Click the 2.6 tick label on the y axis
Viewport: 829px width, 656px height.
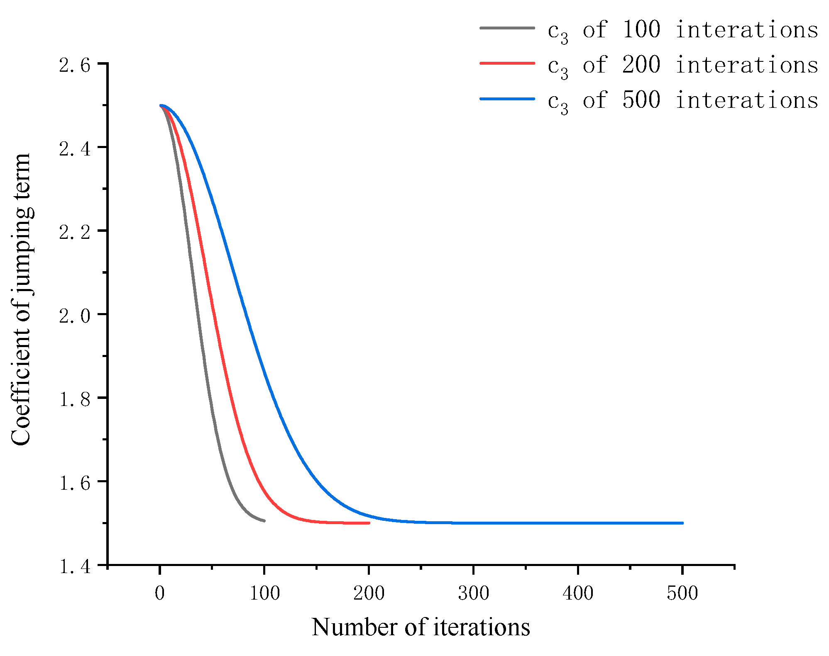[75, 65]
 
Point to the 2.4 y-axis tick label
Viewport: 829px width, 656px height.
[75, 148]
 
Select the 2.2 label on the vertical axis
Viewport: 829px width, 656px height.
[75, 232]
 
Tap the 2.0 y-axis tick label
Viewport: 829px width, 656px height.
[75, 316]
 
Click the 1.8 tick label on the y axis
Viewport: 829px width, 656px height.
[75, 399]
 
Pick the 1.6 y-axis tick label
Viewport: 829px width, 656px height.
[75, 483]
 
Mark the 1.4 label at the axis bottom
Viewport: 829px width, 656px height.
[75, 566]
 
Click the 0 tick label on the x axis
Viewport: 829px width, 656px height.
[160, 593]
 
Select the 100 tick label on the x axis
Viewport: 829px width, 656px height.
[264, 593]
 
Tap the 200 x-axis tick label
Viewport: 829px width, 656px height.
[369, 593]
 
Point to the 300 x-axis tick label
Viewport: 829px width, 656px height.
[473, 593]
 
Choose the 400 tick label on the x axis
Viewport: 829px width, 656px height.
[578, 593]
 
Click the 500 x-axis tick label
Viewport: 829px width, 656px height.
[682, 593]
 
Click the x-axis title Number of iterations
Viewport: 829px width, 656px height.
[421, 627]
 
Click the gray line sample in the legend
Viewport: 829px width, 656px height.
[507, 28]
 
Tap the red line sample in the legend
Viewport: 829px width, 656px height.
[507, 63]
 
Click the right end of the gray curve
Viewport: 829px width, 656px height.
[264, 520]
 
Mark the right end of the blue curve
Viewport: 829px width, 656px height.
[682, 523]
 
